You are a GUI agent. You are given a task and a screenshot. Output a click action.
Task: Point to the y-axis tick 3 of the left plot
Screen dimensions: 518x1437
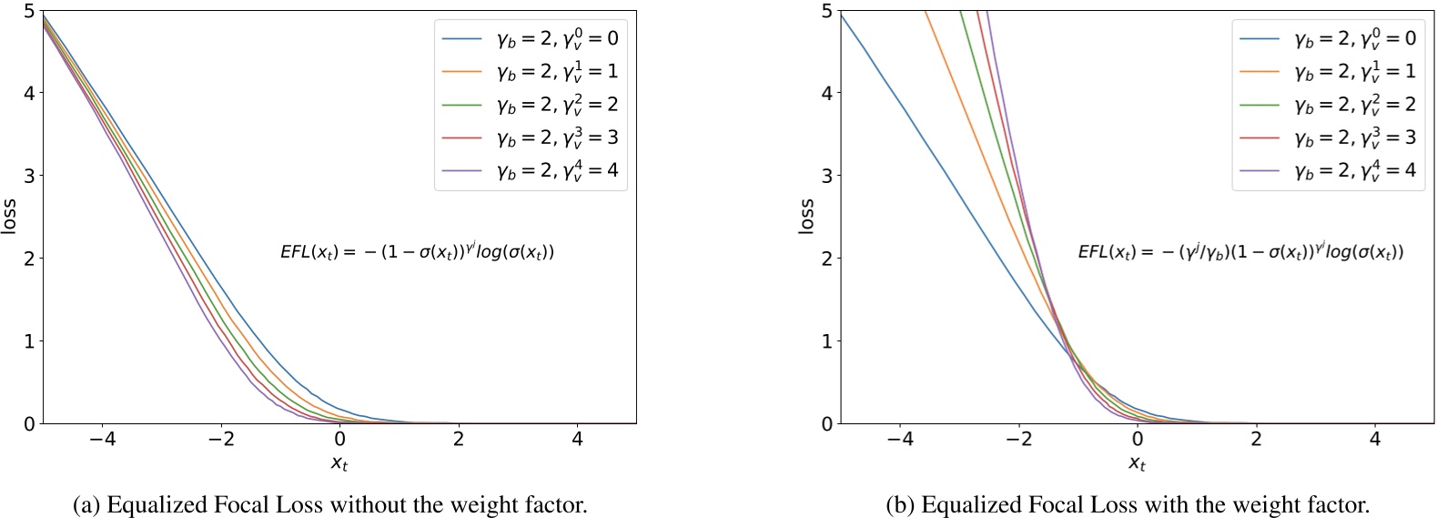[30, 175]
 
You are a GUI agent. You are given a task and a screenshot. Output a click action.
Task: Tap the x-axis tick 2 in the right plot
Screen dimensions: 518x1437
[1256, 439]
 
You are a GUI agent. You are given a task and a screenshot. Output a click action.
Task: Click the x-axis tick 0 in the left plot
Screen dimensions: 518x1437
[339, 439]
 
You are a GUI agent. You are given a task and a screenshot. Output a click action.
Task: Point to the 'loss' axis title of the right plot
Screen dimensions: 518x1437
[806, 217]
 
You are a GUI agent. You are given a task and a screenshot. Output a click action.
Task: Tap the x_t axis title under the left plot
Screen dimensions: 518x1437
[339, 463]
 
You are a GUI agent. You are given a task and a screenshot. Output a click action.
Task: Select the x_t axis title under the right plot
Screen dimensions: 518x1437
[1138, 463]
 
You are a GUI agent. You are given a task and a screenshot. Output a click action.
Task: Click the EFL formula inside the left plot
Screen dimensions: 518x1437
[417, 252]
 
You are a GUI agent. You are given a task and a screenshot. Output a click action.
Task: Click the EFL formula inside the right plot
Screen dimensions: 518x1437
[1240, 252]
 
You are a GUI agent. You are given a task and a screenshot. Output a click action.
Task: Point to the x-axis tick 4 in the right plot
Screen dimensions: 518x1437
[1374, 439]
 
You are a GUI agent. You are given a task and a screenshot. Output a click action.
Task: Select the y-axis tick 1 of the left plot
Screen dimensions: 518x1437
[30, 341]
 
